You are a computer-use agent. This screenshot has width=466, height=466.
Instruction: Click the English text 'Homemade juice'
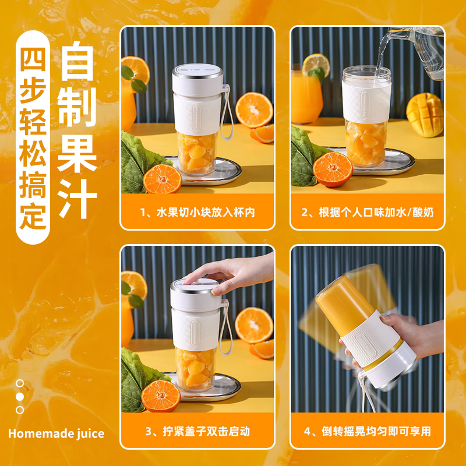tap(57, 433)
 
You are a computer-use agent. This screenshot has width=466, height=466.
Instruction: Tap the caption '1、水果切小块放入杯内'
tap(197, 212)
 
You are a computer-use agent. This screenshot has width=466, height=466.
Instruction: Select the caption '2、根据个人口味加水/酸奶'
tap(368, 212)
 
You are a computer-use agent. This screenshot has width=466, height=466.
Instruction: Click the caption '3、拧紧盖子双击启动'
tap(197, 432)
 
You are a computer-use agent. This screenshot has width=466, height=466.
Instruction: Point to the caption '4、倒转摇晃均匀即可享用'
tap(368, 432)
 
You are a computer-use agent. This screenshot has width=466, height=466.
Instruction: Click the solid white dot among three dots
tap(20, 396)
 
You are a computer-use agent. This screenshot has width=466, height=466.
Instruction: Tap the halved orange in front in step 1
tap(163, 178)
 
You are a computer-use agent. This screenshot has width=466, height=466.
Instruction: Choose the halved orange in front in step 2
tap(333, 169)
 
